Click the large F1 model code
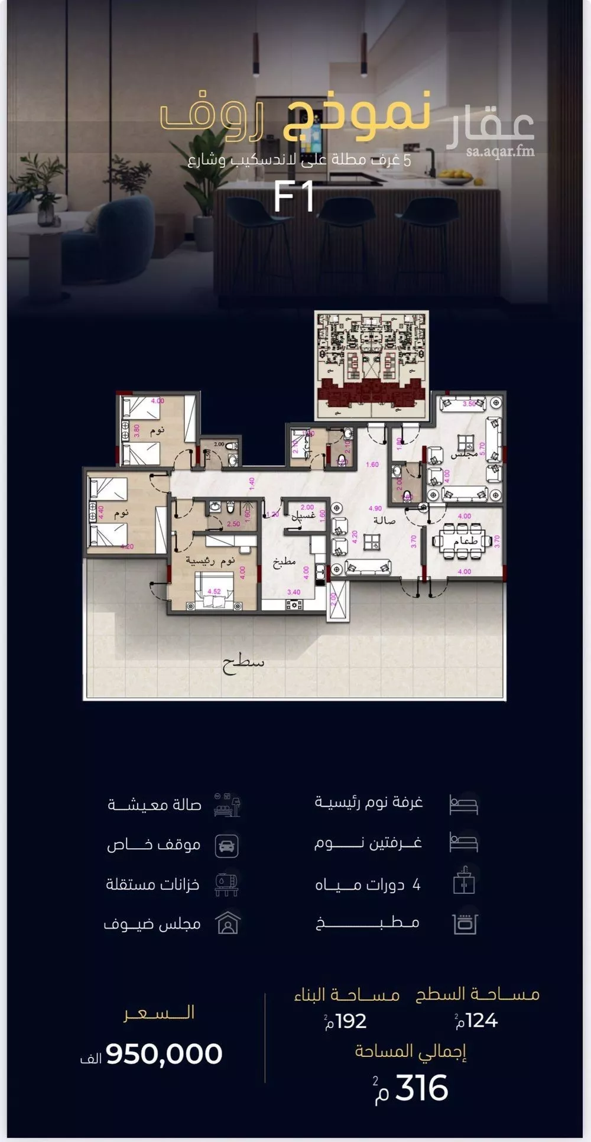(x=293, y=198)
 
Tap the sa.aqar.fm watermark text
(x=499, y=151)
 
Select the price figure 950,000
(x=164, y=1055)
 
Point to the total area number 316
(x=421, y=1088)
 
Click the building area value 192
(x=350, y=1021)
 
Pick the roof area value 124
(x=481, y=1021)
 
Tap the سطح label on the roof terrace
(x=243, y=662)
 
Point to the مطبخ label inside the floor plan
(x=284, y=562)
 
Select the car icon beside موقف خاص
(x=227, y=845)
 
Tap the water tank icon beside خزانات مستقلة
(x=227, y=884)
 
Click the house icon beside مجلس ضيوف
(x=227, y=923)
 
